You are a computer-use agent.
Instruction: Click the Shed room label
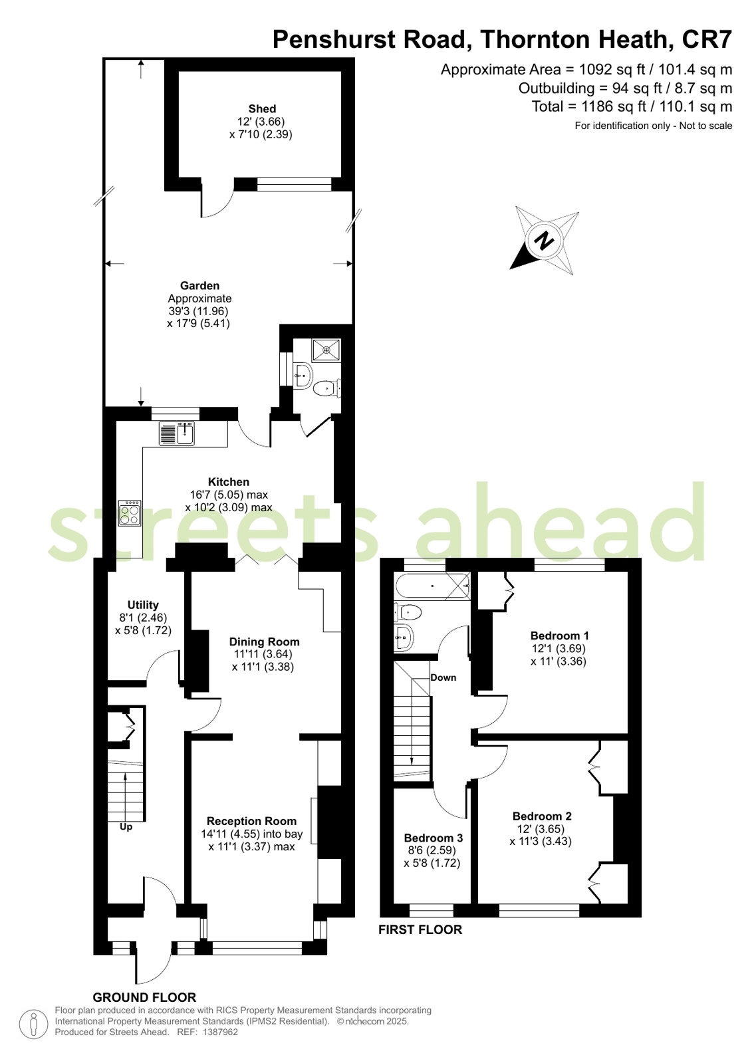coord(261,108)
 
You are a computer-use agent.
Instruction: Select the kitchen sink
coord(177,433)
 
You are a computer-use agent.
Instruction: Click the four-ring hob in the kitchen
coord(130,513)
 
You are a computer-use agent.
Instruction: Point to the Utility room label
coord(143,604)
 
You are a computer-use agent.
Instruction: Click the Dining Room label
coord(264,642)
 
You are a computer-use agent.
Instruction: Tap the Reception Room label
coord(251,821)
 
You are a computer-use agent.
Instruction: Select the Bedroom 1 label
coord(559,636)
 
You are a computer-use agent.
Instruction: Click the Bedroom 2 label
coord(542,816)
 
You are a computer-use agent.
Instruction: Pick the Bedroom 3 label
coord(433,838)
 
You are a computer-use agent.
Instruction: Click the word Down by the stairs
coord(443,677)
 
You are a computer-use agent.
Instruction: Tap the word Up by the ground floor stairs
coord(126,827)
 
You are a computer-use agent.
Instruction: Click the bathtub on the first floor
coord(432,586)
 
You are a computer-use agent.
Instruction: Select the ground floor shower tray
coord(326,350)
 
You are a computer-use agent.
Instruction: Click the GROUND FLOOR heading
coord(144,997)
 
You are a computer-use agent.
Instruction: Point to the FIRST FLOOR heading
coord(420,929)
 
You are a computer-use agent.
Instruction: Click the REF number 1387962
coord(220,1032)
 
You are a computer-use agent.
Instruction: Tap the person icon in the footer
coord(33,1023)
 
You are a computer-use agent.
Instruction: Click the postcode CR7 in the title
coord(707,39)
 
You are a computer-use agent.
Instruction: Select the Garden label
coord(199,286)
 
